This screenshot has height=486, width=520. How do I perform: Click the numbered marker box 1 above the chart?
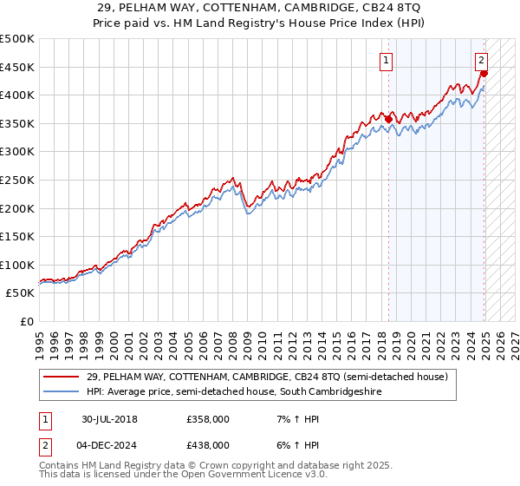click(x=385, y=60)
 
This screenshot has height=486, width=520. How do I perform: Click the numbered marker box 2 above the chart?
click(x=481, y=60)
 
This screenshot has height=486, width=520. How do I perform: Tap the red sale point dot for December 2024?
click(x=483, y=74)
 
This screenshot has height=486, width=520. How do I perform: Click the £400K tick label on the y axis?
click(x=17, y=95)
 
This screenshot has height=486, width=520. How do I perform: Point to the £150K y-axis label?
click(x=17, y=236)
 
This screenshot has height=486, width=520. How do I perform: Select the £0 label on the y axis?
click(x=27, y=321)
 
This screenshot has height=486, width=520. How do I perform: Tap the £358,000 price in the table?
click(x=207, y=418)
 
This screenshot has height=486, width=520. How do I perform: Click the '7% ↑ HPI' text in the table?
click(x=291, y=418)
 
